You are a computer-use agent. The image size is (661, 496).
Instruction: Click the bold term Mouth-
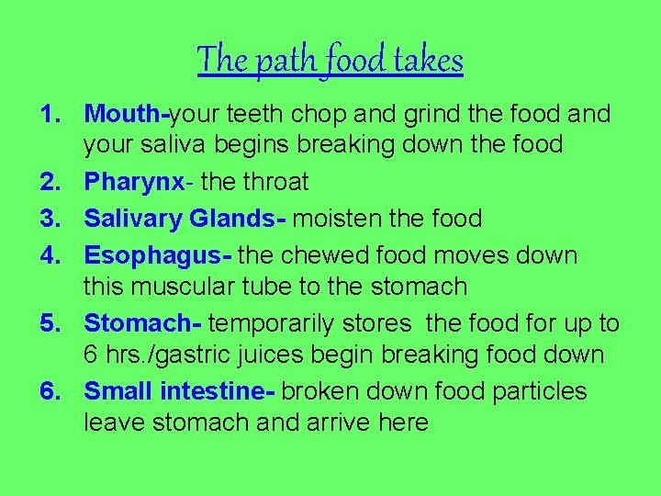pos(127,114)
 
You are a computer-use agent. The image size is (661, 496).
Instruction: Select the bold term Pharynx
pos(134,182)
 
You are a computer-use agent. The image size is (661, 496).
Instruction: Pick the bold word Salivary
pos(133,219)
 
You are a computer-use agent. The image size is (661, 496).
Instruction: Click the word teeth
pos(257,114)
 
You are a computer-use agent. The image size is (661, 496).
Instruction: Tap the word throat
pos(276,182)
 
